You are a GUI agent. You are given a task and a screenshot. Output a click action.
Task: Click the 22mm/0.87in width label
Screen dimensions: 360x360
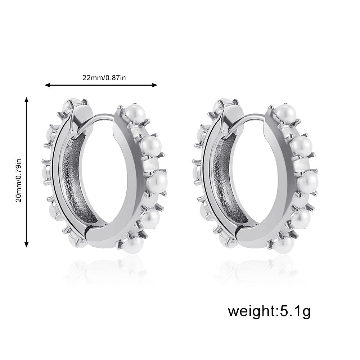[104, 78]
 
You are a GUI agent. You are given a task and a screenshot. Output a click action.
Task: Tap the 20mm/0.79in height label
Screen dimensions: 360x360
[19, 180]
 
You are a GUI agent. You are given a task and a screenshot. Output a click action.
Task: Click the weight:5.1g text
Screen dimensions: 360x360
[269, 311]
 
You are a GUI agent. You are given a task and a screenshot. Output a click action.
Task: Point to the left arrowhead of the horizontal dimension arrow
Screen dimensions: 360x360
[47, 85]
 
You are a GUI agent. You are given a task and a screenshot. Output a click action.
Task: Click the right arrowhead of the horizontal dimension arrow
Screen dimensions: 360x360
[155, 85]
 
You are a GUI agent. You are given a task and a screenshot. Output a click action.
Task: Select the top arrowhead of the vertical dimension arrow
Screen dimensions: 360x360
[27, 100]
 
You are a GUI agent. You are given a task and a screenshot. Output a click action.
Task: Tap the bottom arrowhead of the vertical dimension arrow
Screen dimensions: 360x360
[27, 244]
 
